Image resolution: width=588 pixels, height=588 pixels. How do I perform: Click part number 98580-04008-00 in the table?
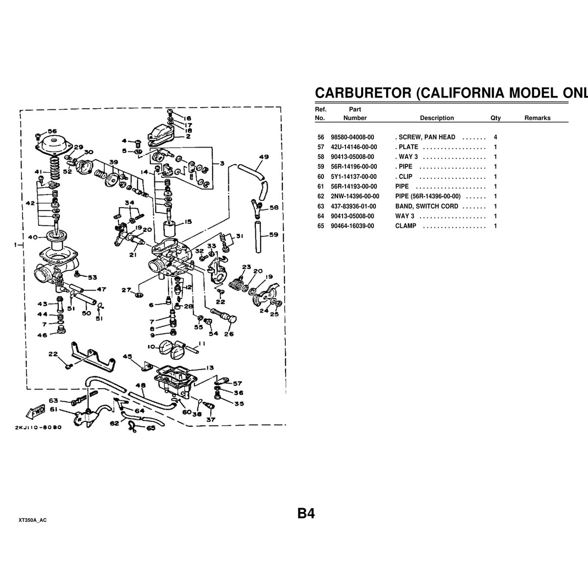(x=352, y=137)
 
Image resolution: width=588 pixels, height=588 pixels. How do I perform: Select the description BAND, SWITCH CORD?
(x=427, y=206)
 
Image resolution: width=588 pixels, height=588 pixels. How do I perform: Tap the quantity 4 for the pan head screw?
(x=495, y=137)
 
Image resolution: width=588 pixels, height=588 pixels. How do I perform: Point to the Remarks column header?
(x=537, y=118)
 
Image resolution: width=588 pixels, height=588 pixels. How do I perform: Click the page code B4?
(x=306, y=514)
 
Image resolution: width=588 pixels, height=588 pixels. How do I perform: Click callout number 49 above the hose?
(x=264, y=157)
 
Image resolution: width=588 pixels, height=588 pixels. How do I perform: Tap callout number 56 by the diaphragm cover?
(x=52, y=131)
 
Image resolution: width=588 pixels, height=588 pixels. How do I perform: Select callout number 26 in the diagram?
(x=229, y=335)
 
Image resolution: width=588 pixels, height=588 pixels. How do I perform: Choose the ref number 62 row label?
(x=321, y=196)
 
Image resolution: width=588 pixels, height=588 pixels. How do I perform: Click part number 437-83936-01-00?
(x=353, y=206)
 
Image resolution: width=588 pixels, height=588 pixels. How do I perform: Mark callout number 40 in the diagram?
(x=33, y=238)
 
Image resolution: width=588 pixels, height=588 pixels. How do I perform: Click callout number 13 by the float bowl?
(x=209, y=367)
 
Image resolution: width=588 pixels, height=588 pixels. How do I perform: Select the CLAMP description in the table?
(x=406, y=226)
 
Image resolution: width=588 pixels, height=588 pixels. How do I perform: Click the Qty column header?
(x=495, y=118)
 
